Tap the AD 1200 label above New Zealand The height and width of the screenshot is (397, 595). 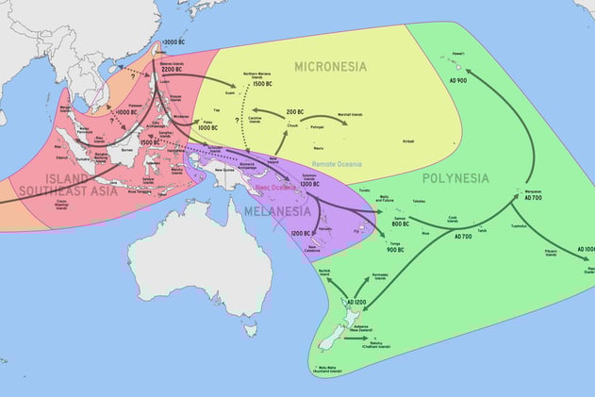click(355, 302)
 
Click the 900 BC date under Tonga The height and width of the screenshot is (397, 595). click(395, 249)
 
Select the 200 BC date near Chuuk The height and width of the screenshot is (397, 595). click(293, 111)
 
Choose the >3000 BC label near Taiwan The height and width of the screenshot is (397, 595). click(174, 42)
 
